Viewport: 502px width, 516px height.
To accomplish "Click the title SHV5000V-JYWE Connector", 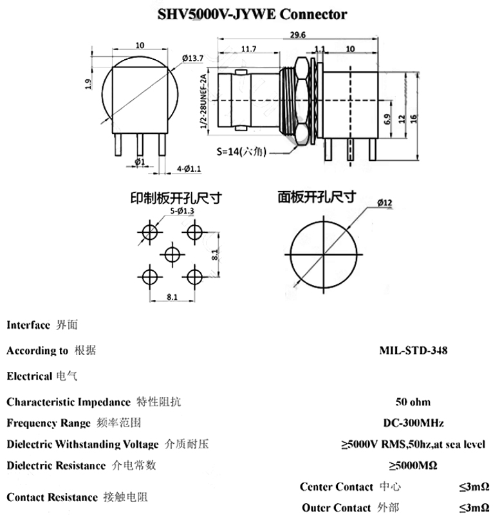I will [252, 14].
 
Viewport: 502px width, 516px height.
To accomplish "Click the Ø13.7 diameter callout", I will [193, 59].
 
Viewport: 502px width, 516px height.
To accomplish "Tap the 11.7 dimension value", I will [248, 49].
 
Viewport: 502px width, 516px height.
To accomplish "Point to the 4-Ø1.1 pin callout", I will [189, 169].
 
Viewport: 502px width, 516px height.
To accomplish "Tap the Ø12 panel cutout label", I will [385, 203].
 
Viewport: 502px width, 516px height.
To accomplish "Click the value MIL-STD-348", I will [413, 351].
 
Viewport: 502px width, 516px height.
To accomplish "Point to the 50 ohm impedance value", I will [413, 402].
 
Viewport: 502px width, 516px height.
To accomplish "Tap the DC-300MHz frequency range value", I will [413, 423].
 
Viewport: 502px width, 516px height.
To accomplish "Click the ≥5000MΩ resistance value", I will [413, 465].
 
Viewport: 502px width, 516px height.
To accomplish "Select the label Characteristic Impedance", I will [68, 402].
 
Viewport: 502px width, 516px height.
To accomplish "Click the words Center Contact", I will [336, 487].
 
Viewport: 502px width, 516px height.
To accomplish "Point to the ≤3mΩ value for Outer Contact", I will [474, 508].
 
